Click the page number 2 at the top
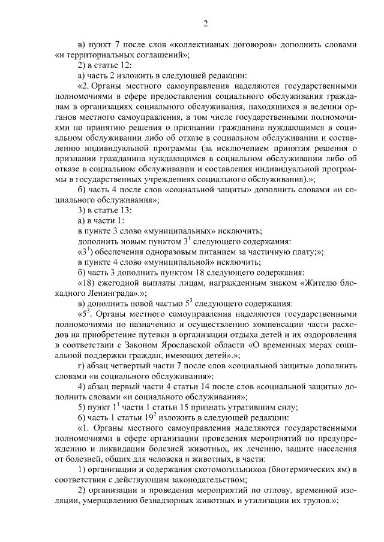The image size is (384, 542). [205, 24]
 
